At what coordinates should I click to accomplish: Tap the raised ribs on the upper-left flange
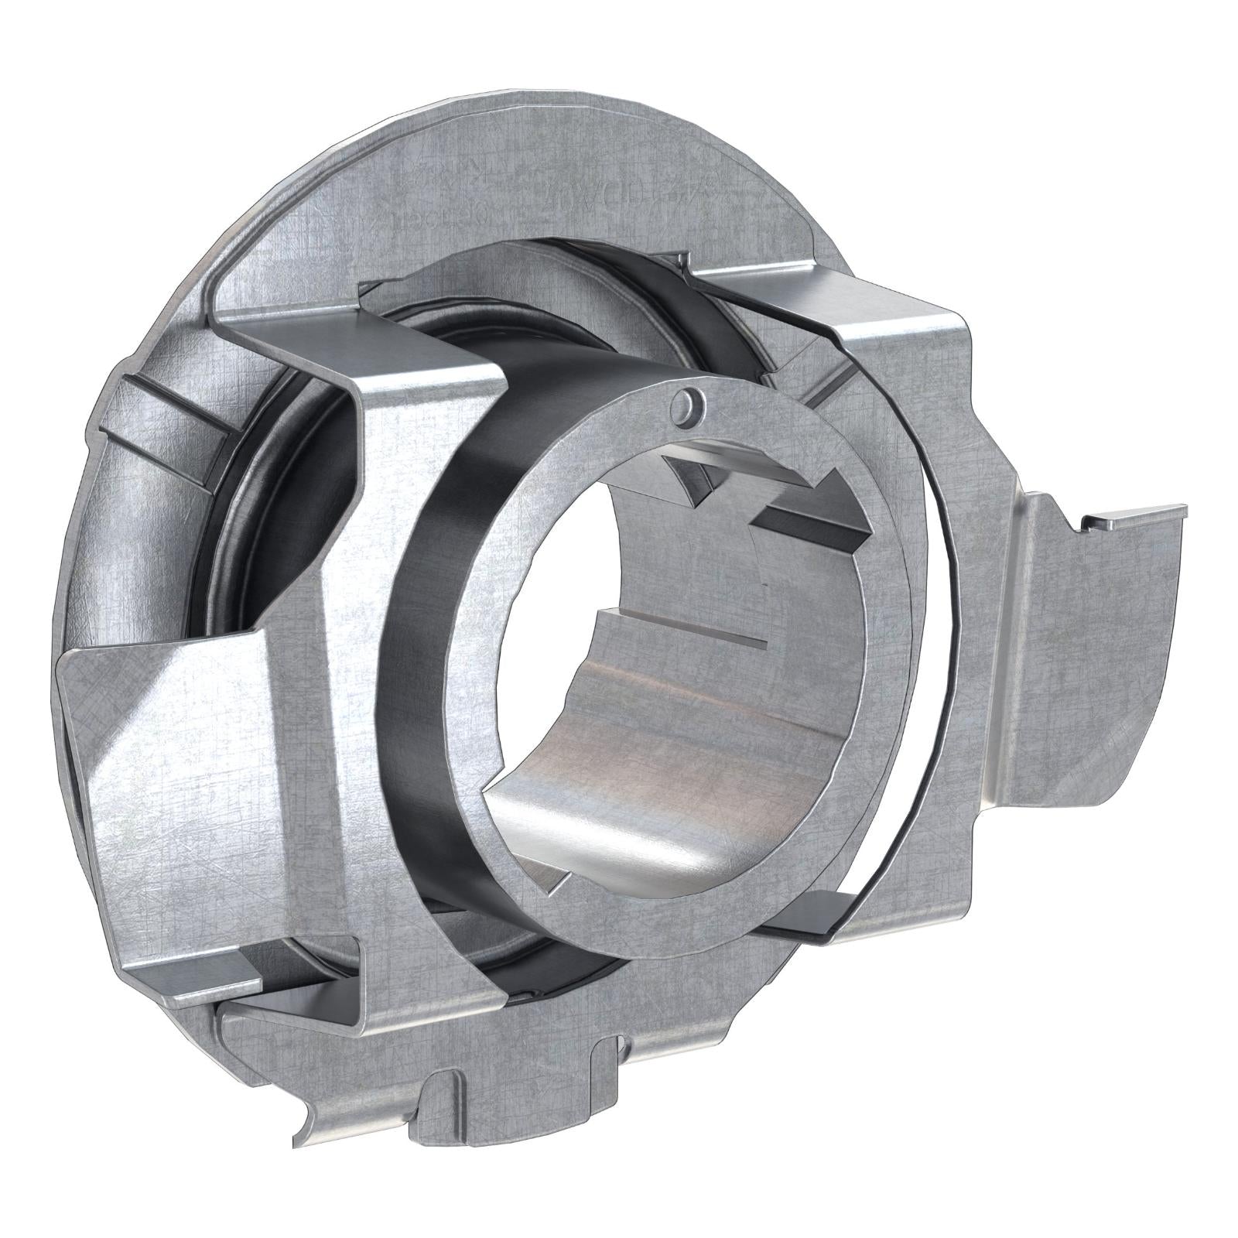[x=155, y=418]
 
